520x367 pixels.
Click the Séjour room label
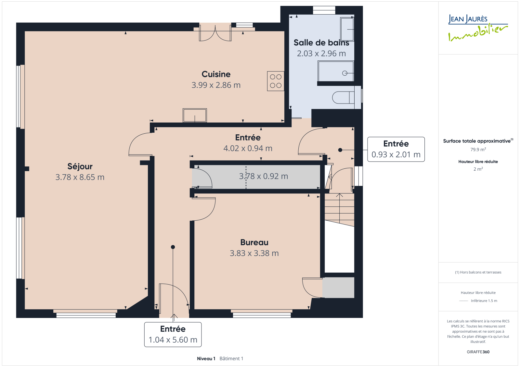pyautogui.click(x=80, y=166)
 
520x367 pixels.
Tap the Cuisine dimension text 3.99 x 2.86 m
pyautogui.click(x=216, y=85)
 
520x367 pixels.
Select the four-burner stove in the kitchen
pyautogui.click(x=276, y=81)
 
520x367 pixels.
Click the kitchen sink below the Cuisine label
pyautogui.click(x=195, y=115)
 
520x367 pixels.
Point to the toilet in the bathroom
pyautogui.click(x=344, y=97)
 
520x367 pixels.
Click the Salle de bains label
pyautogui.click(x=321, y=43)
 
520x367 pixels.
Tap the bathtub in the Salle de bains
pyautogui.click(x=336, y=71)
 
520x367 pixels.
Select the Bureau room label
pyautogui.click(x=254, y=242)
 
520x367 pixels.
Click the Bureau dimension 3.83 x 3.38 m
pyautogui.click(x=254, y=253)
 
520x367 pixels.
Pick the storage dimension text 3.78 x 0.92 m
pyautogui.click(x=264, y=176)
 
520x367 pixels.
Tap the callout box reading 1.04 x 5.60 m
pyautogui.click(x=173, y=335)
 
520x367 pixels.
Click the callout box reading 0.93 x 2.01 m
pyautogui.click(x=396, y=149)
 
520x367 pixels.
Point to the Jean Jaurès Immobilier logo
pyautogui.click(x=478, y=28)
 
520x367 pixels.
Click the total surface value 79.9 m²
pyautogui.click(x=478, y=150)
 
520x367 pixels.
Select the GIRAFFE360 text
pyautogui.click(x=478, y=352)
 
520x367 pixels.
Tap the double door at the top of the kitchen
pyautogui.click(x=215, y=33)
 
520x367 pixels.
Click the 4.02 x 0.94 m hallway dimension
pyautogui.click(x=248, y=148)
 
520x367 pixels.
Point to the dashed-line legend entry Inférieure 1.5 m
pyautogui.click(x=478, y=301)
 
